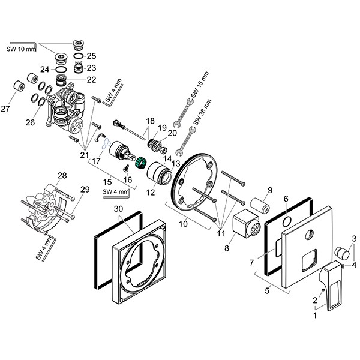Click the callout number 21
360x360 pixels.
click(83, 155)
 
